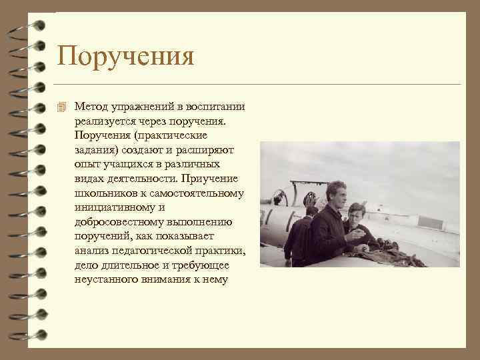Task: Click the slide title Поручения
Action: [x=125, y=56]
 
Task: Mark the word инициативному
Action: [x=112, y=208]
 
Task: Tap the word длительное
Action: [x=133, y=265]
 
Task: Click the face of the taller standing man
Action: [x=337, y=195]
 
